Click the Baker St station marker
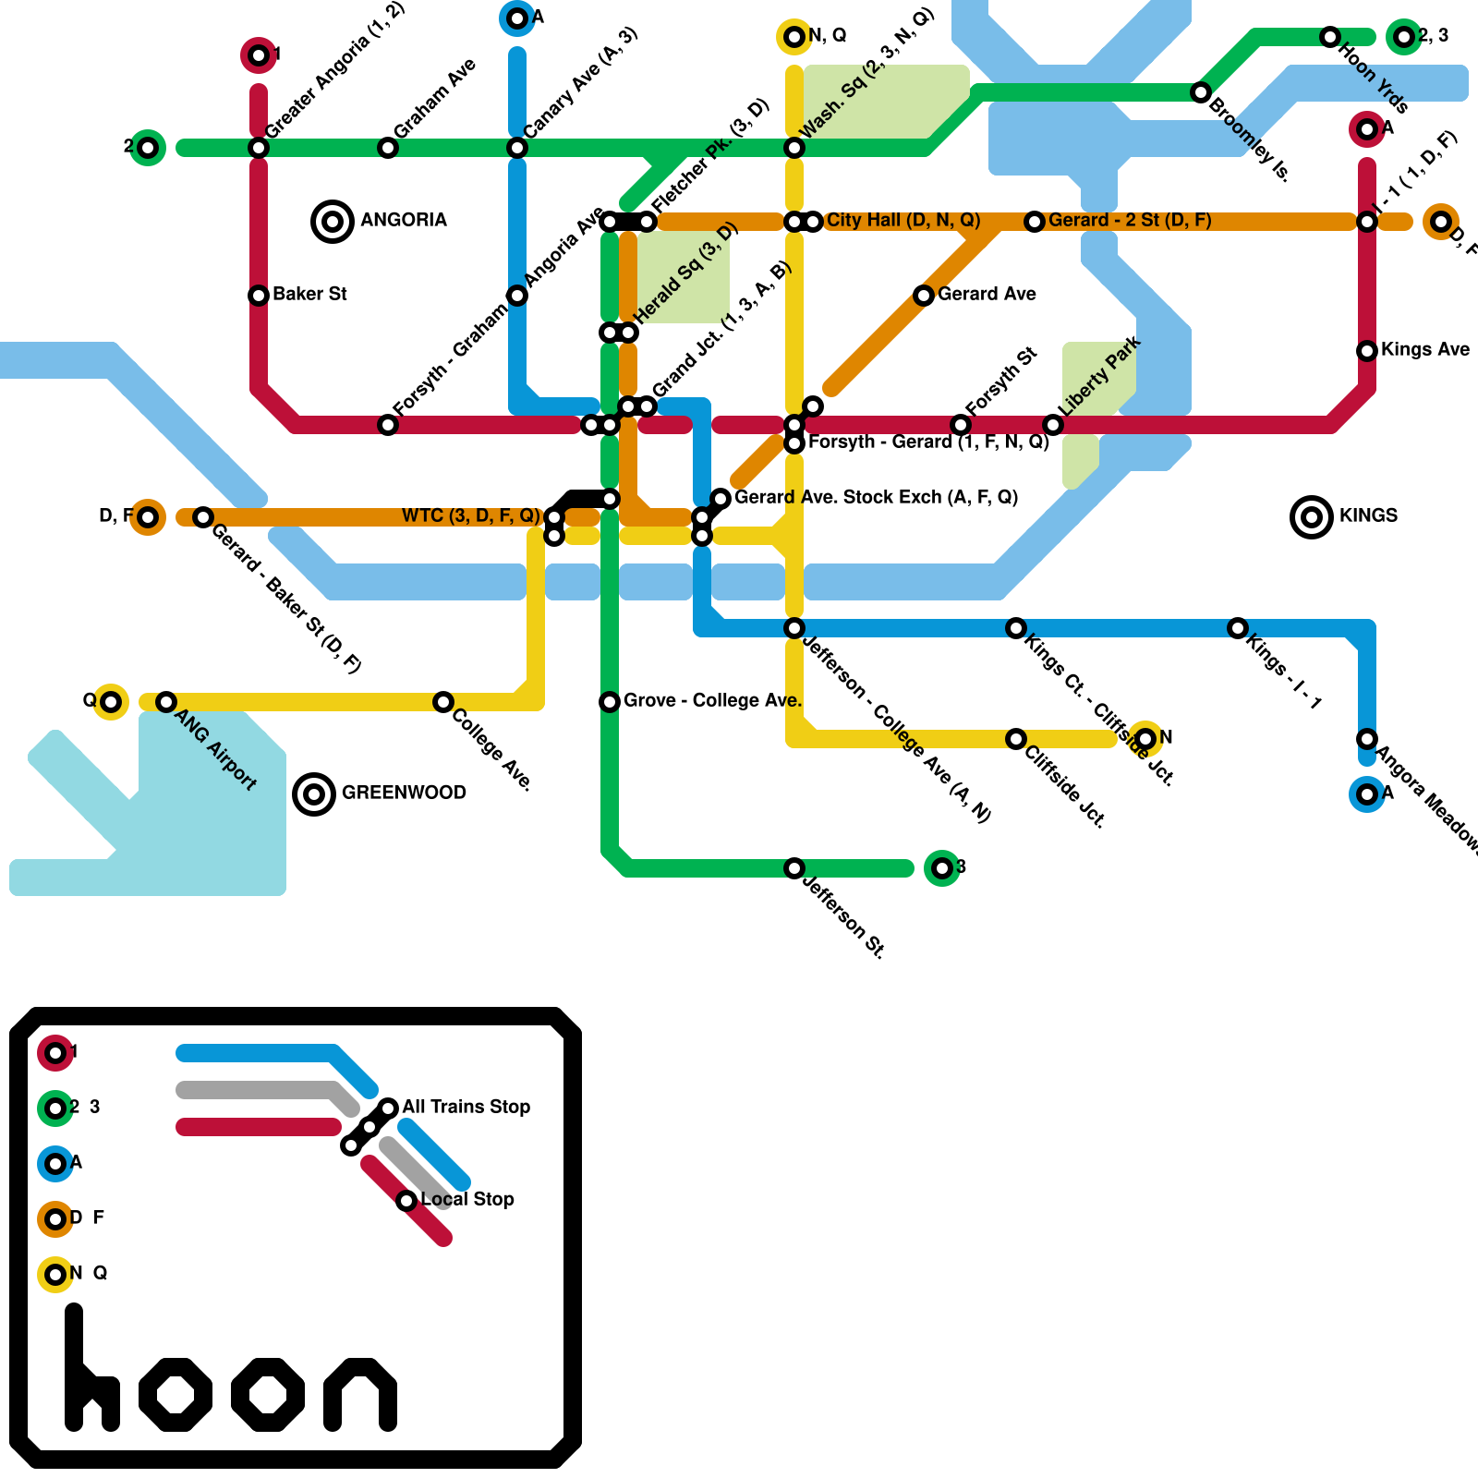(259, 296)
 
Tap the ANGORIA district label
(403, 220)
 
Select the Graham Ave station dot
(388, 148)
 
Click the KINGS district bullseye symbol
(1311, 516)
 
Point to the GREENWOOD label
(404, 793)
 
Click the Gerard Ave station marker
(924, 296)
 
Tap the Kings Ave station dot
(1367, 351)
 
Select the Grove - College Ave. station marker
(610, 702)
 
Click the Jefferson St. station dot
(794, 868)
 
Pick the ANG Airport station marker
(166, 702)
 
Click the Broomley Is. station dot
(1201, 92)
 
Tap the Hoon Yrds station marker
(1330, 37)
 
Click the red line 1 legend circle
(55, 1053)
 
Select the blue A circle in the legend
(55, 1164)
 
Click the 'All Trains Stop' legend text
(466, 1107)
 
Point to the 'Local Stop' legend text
(467, 1199)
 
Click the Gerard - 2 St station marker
(1035, 222)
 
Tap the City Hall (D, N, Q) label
(903, 220)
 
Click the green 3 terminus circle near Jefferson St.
(941, 868)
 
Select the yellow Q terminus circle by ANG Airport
(111, 702)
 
